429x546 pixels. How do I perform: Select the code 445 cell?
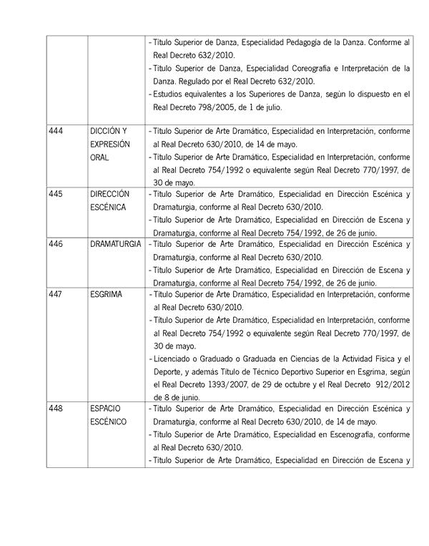tap(56, 194)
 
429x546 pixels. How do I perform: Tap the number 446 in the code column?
tap(56, 244)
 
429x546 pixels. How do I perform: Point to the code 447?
tap(56, 294)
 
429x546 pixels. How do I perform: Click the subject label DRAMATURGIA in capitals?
tap(114, 244)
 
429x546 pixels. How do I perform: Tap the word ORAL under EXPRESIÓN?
tap(99, 157)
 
